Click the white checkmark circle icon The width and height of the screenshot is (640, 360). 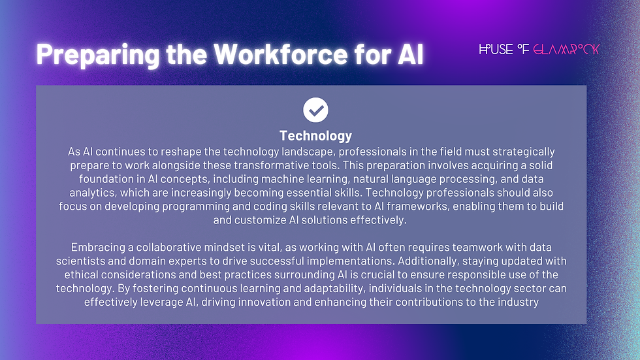point(316,110)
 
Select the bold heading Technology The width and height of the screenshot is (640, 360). point(315,136)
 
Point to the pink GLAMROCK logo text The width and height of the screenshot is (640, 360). point(566,50)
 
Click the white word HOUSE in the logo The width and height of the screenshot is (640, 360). point(496,50)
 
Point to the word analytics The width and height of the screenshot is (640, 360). point(92,193)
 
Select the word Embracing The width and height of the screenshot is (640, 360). point(97,248)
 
